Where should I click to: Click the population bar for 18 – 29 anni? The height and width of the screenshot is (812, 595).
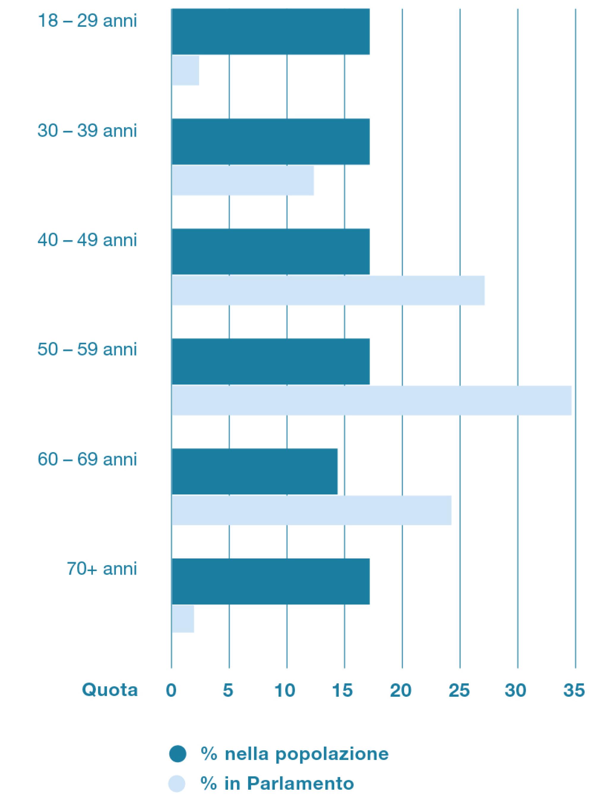270,31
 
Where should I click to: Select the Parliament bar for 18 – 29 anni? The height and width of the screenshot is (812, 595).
185,70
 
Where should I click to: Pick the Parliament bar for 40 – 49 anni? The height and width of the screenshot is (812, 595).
328,290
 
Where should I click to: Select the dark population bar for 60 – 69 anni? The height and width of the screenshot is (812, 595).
254,472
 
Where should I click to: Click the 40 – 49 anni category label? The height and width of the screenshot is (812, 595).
87,240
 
